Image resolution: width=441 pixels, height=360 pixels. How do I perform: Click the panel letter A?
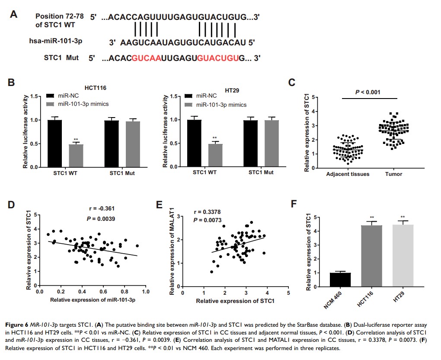14,14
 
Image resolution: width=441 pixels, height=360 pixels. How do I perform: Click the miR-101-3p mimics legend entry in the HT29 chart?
221,105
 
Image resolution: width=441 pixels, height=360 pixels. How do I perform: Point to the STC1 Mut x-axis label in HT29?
261,172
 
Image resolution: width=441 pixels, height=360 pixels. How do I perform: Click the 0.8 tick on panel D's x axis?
125,292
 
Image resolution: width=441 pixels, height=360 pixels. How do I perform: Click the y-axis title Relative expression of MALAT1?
173,252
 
